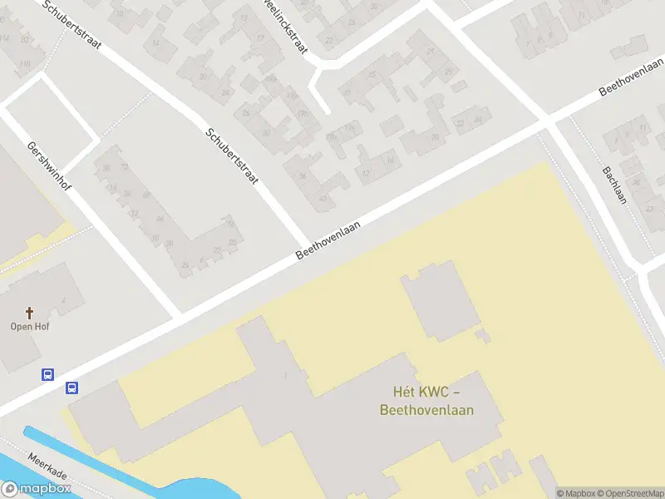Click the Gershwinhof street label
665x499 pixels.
click(49, 163)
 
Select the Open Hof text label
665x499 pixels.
click(30, 327)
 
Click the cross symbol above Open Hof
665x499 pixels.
click(30, 313)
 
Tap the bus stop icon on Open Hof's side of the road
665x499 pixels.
click(48, 375)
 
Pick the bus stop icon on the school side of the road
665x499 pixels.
click(72, 388)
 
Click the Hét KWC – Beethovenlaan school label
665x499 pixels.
click(426, 400)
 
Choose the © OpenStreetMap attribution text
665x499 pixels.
click(630, 493)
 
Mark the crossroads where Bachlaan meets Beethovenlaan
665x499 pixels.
click(549, 122)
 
